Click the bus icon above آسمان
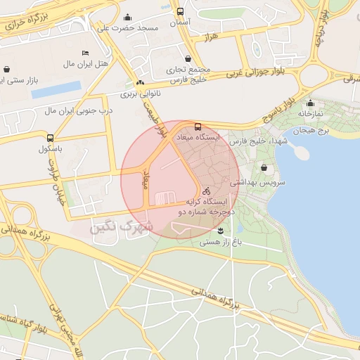coord(180,11)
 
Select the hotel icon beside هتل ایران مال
coord(86,53)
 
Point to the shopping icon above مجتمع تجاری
coord(188,59)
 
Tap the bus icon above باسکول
coord(49,138)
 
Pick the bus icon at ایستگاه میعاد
coord(197,127)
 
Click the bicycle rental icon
coord(206,191)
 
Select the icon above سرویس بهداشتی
coord(264,169)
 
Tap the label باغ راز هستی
coord(220,242)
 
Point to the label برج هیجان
coord(309,131)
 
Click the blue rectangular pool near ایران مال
coord(56,90)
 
